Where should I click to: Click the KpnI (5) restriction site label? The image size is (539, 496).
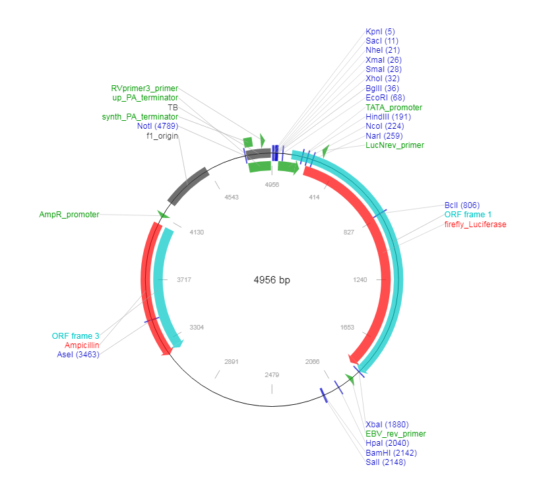[x=380, y=31]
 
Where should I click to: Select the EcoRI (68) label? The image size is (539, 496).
[x=385, y=98]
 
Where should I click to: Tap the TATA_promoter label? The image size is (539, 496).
[x=394, y=107]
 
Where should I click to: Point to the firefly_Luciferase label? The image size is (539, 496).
[x=475, y=225]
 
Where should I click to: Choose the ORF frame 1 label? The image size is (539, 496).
[x=468, y=215]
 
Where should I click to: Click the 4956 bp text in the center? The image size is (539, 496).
[x=272, y=280]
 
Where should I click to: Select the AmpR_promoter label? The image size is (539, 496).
[x=69, y=215]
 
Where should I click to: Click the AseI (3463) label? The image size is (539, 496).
[x=79, y=355]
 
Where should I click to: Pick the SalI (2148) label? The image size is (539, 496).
[x=385, y=462]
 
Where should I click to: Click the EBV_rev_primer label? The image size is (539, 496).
[x=395, y=434]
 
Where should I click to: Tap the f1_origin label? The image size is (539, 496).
[x=162, y=136]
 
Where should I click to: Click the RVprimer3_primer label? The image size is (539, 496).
[x=144, y=88]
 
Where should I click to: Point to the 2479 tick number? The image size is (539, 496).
[x=272, y=374]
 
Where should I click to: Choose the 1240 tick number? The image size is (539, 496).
[x=360, y=280]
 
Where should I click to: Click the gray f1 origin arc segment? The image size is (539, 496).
[x=188, y=186]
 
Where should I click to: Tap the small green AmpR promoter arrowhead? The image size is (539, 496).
[x=163, y=215]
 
